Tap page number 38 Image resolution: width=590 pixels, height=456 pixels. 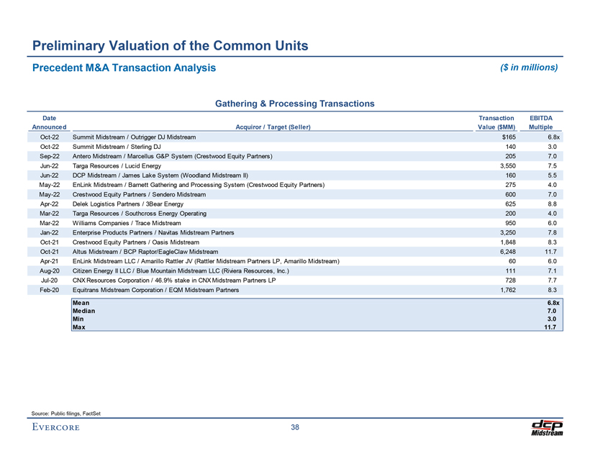point(295,429)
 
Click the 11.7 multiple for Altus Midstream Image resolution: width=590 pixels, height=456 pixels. point(552,252)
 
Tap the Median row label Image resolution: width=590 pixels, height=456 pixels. point(83,311)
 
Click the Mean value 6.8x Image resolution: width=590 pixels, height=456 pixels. point(553,303)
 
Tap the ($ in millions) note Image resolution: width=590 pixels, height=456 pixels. point(528,68)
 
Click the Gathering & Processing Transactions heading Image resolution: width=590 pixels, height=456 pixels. point(295,104)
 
